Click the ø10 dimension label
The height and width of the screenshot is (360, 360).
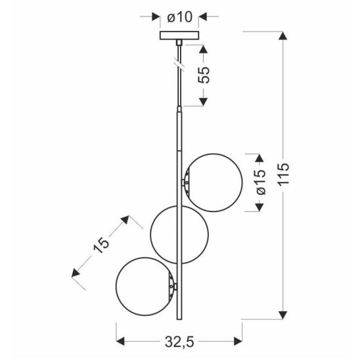click(x=179, y=16)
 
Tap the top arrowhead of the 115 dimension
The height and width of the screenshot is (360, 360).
click(x=283, y=37)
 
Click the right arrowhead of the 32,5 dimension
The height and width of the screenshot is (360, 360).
click(x=236, y=340)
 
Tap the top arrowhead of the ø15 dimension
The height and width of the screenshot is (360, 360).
click(x=259, y=158)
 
